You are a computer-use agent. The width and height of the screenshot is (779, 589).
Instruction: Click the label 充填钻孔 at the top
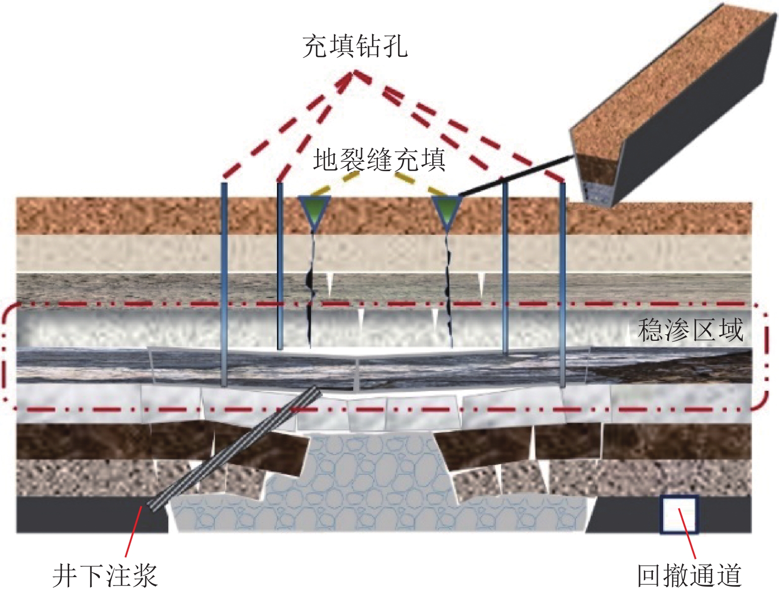355,46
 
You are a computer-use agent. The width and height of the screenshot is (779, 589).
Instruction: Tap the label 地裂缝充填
379,160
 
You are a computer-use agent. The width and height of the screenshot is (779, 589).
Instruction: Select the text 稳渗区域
690,330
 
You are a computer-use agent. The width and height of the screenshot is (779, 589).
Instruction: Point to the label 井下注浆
105,575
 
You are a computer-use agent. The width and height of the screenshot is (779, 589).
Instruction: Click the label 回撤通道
689,575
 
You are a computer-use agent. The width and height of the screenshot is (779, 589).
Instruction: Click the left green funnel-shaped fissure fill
314,210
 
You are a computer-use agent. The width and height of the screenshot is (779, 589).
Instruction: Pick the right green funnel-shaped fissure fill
447,210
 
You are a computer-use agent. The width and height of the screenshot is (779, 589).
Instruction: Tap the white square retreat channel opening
679,514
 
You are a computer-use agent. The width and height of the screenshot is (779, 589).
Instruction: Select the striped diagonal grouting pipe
232,450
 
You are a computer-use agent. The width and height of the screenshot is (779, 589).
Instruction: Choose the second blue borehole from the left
280,267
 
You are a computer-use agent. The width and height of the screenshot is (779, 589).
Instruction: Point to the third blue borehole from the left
505,267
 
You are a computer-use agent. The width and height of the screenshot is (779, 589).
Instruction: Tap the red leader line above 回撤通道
687,537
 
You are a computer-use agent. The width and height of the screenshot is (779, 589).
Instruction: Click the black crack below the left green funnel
311,287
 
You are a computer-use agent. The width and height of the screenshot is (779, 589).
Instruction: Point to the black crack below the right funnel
449,287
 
